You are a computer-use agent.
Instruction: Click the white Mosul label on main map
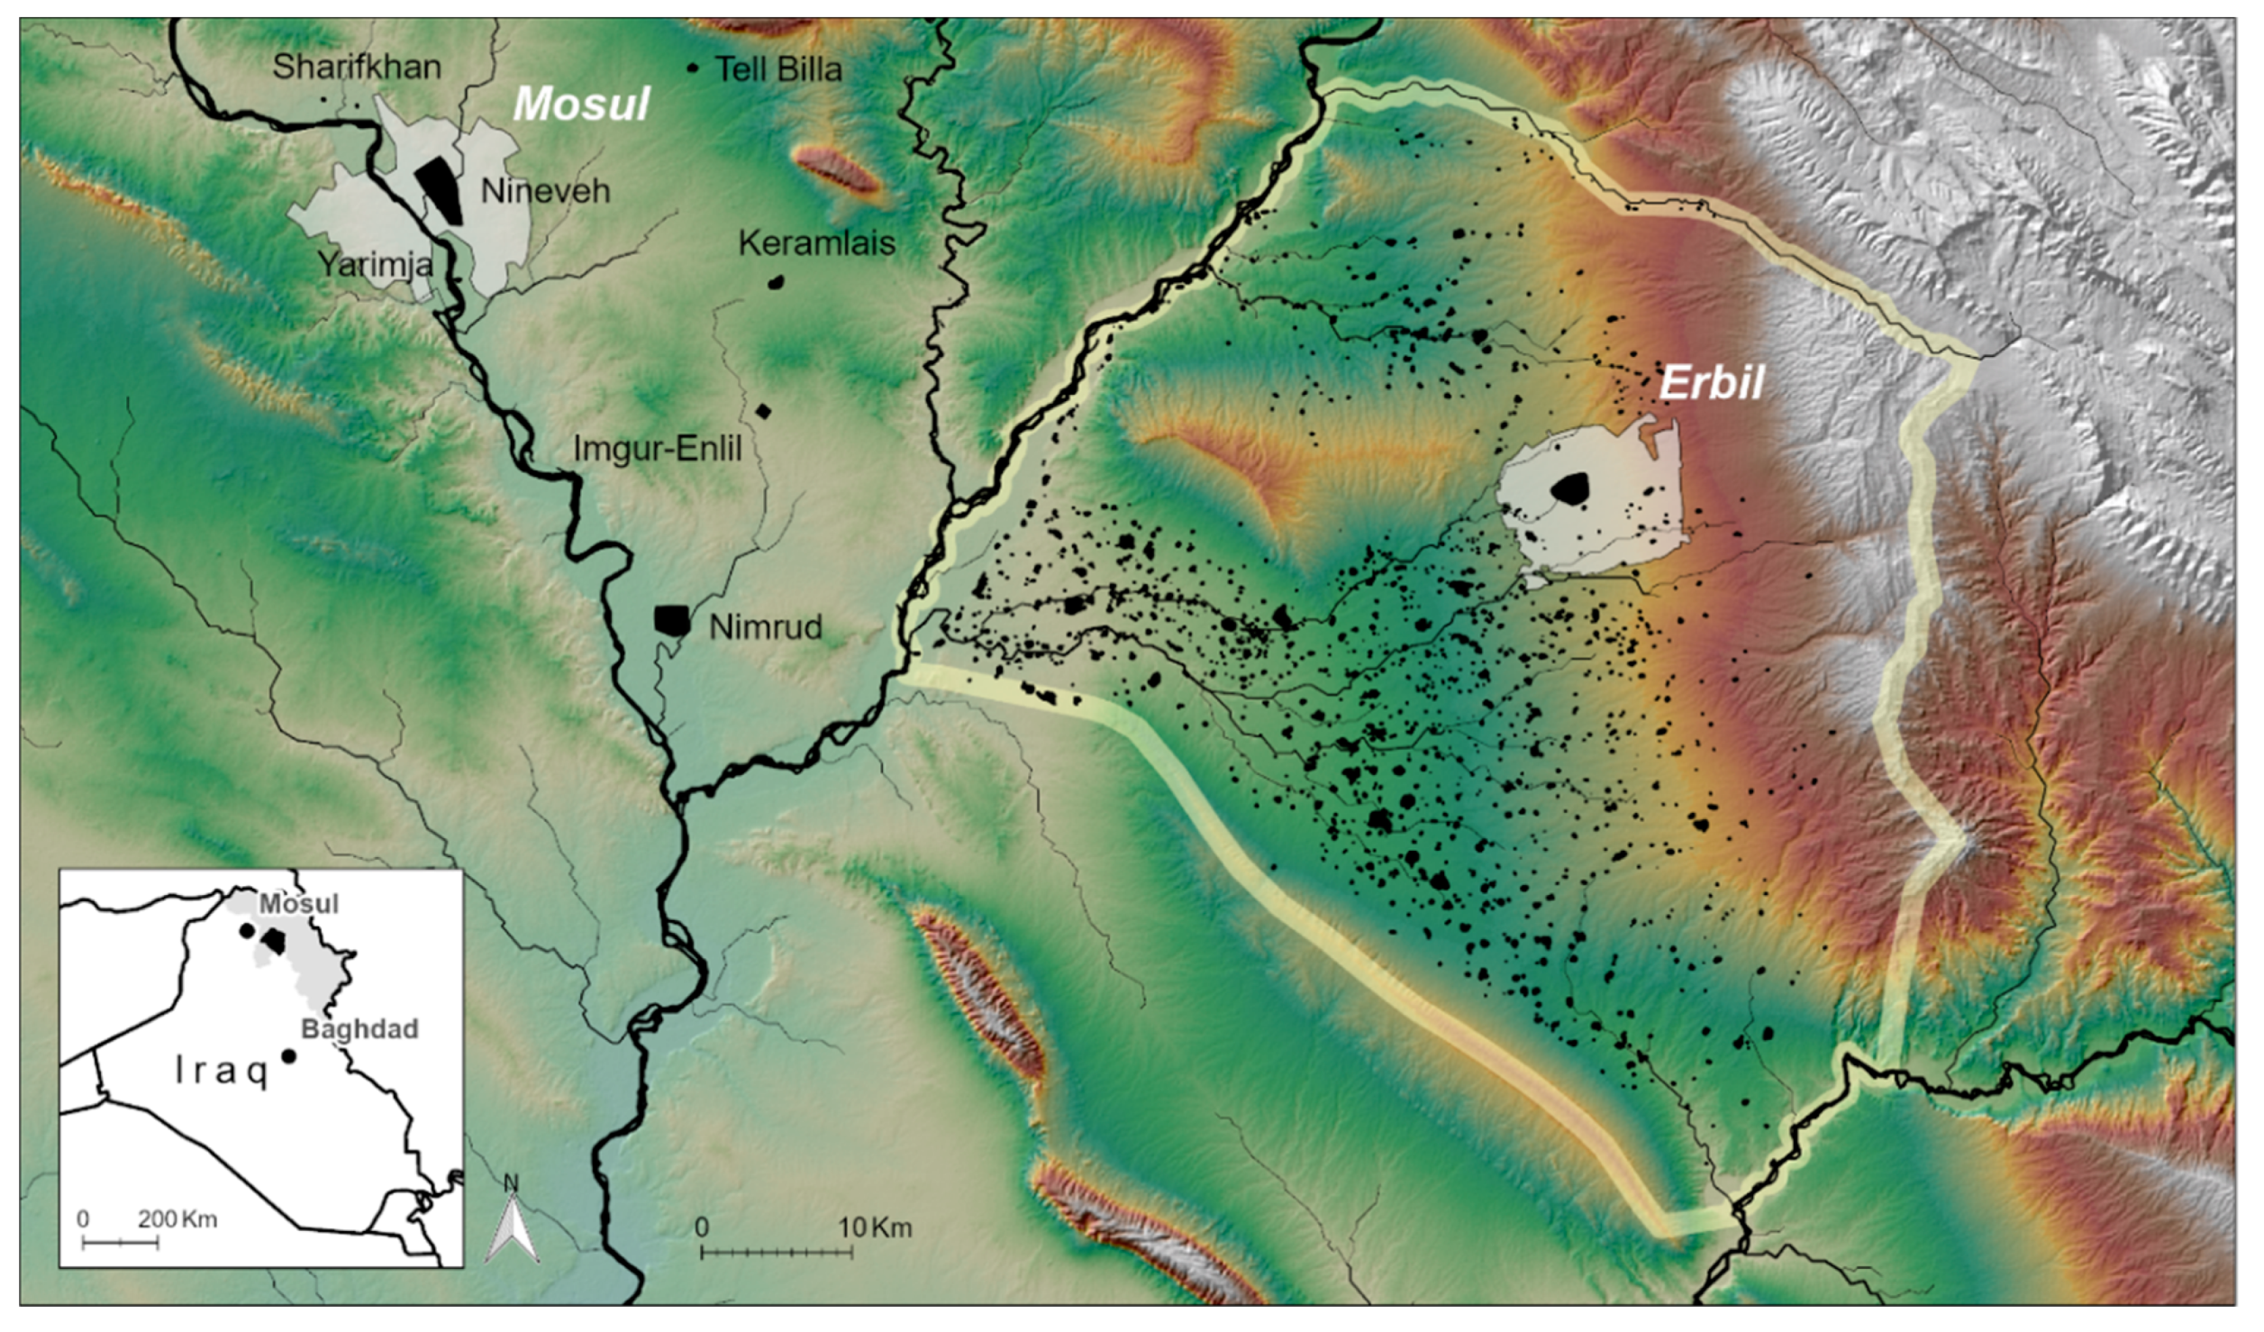pyautogui.click(x=581, y=105)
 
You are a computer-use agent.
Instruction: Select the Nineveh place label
pyautogui.click(x=545, y=191)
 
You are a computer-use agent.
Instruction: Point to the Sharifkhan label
pyautogui.click(x=357, y=67)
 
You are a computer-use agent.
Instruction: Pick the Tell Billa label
pyautogui.click(x=778, y=69)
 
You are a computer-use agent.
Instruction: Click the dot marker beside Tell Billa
pyautogui.click(x=693, y=68)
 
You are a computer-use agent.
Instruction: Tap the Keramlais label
pyautogui.click(x=816, y=243)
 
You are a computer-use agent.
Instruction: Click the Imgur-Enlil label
pyautogui.click(x=658, y=449)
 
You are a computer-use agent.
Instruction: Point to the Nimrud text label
pyautogui.click(x=766, y=627)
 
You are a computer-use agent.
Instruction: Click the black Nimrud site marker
pyautogui.click(x=671, y=620)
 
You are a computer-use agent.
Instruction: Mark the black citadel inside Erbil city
pyautogui.click(x=1570, y=488)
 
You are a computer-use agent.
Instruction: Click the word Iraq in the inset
pyautogui.click(x=222, y=1071)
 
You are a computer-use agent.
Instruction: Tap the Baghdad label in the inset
pyautogui.click(x=359, y=1029)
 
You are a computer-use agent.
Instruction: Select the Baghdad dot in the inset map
pyautogui.click(x=288, y=1055)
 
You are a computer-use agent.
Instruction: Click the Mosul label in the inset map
pyautogui.click(x=299, y=904)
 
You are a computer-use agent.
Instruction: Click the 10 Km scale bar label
pyautogui.click(x=875, y=1227)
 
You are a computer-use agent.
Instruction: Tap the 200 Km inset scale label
pyautogui.click(x=177, y=1219)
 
